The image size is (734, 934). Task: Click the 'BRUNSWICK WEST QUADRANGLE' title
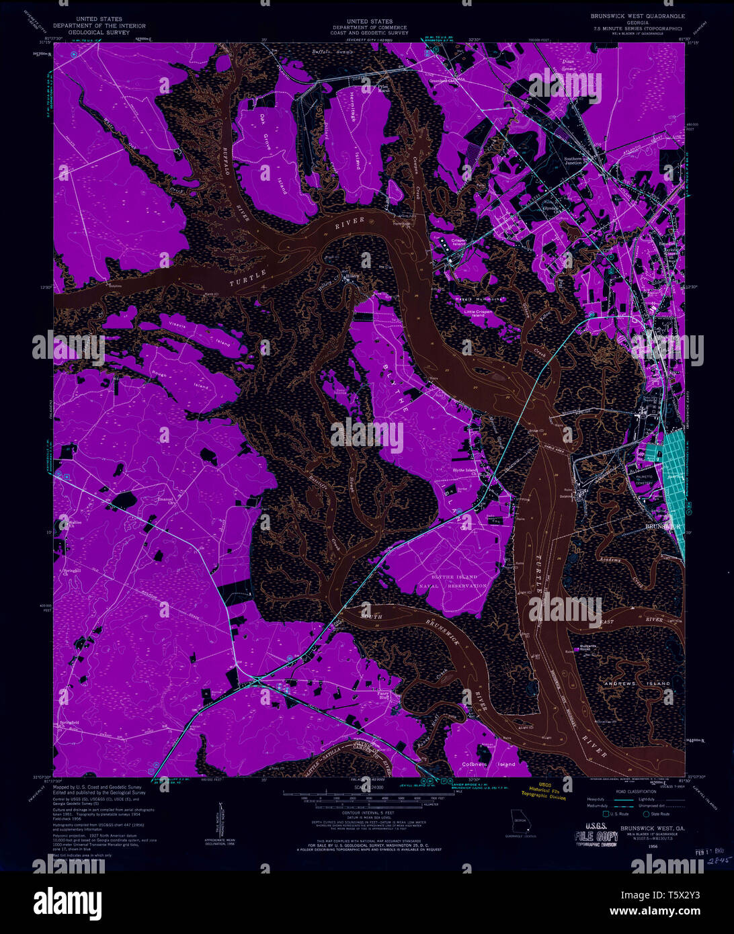(x=638, y=15)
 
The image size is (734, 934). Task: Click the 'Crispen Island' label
(x=458, y=243)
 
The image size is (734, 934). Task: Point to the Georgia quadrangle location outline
(x=518, y=820)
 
